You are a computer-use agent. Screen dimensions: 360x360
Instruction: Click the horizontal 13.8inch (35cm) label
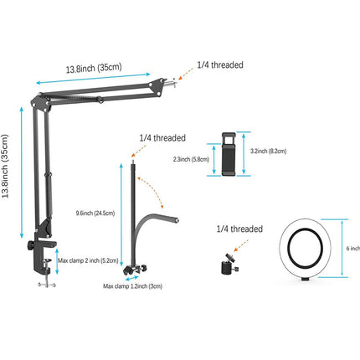[94, 68]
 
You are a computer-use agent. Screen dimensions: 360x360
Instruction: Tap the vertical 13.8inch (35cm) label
[6, 166]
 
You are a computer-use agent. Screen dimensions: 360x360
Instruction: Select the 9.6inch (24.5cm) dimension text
[95, 213]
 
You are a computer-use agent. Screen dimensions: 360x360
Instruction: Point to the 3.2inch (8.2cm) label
[268, 152]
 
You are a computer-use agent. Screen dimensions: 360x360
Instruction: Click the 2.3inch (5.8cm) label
[191, 159]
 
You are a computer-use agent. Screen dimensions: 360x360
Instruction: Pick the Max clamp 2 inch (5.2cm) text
[88, 260]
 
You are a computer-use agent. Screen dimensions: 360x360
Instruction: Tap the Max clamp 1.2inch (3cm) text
[132, 286]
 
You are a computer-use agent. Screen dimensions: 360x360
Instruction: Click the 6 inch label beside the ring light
[353, 248]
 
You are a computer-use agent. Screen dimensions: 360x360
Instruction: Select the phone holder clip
[229, 154]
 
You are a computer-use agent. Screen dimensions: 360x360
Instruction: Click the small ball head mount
[229, 264]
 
